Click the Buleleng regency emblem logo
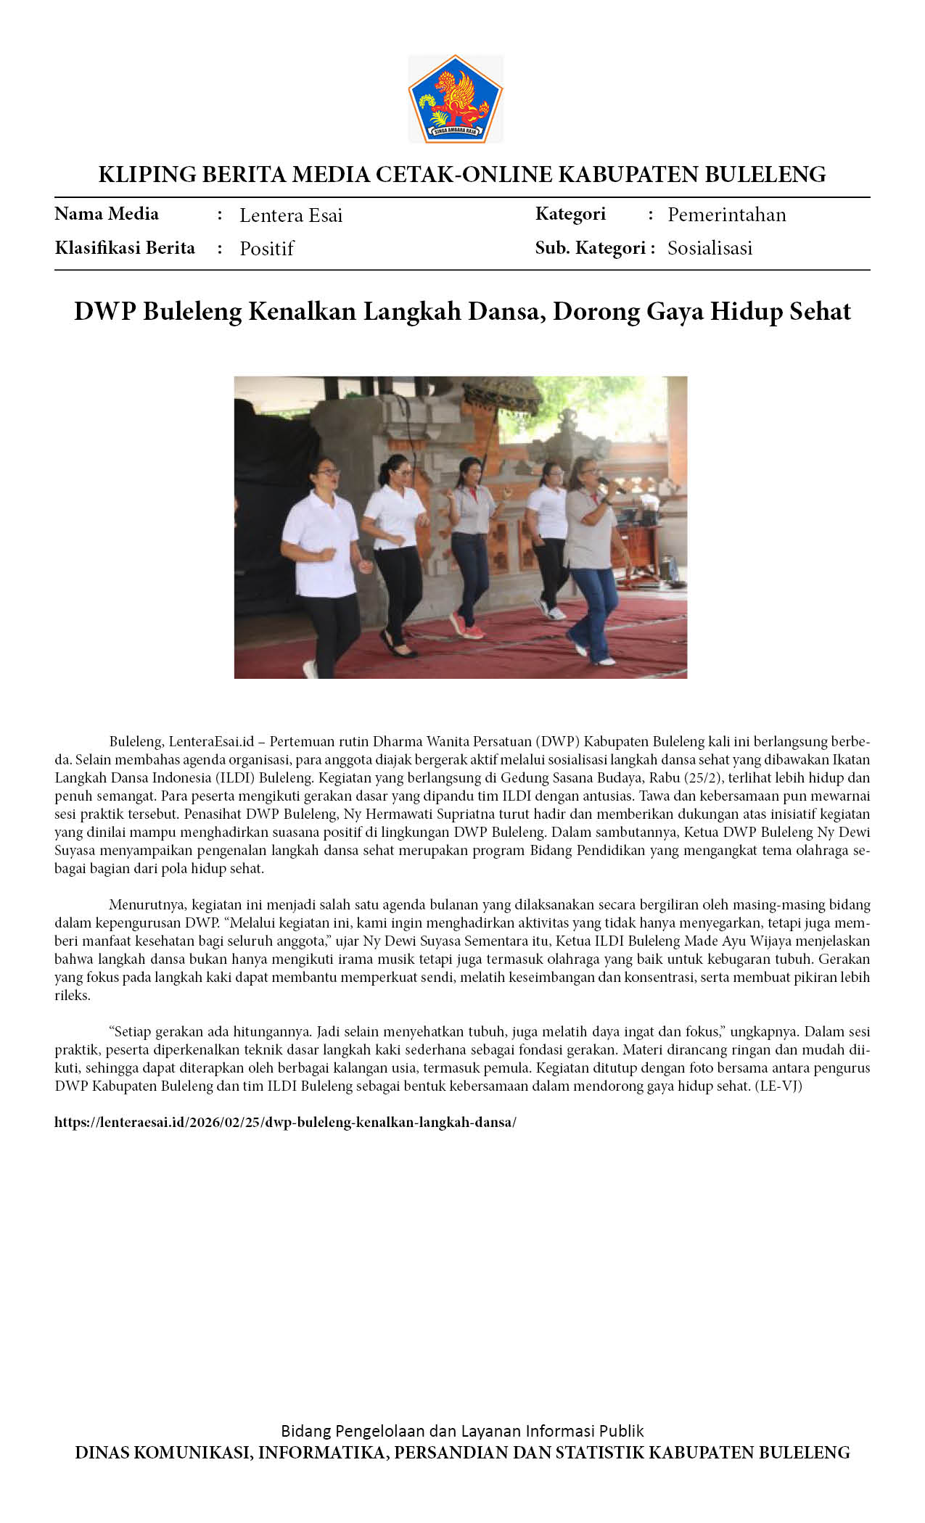pyautogui.click(x=456, y=99)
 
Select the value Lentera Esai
pyautogui.click(x=291, y=215)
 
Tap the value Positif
pyautogui.click(x=266, y=249)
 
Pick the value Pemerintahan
pyautogui.click(x=726, y=215)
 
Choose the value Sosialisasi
pyautogui.click(x=710, y=248)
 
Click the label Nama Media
pyautogui.click(x=107, y=214)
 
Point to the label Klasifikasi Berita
pyautogui.click(x=125, y=248)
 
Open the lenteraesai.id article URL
pyautogui.click(x=285, y=1122)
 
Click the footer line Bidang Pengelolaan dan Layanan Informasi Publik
pyautogui.click(x=462, y=1431)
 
